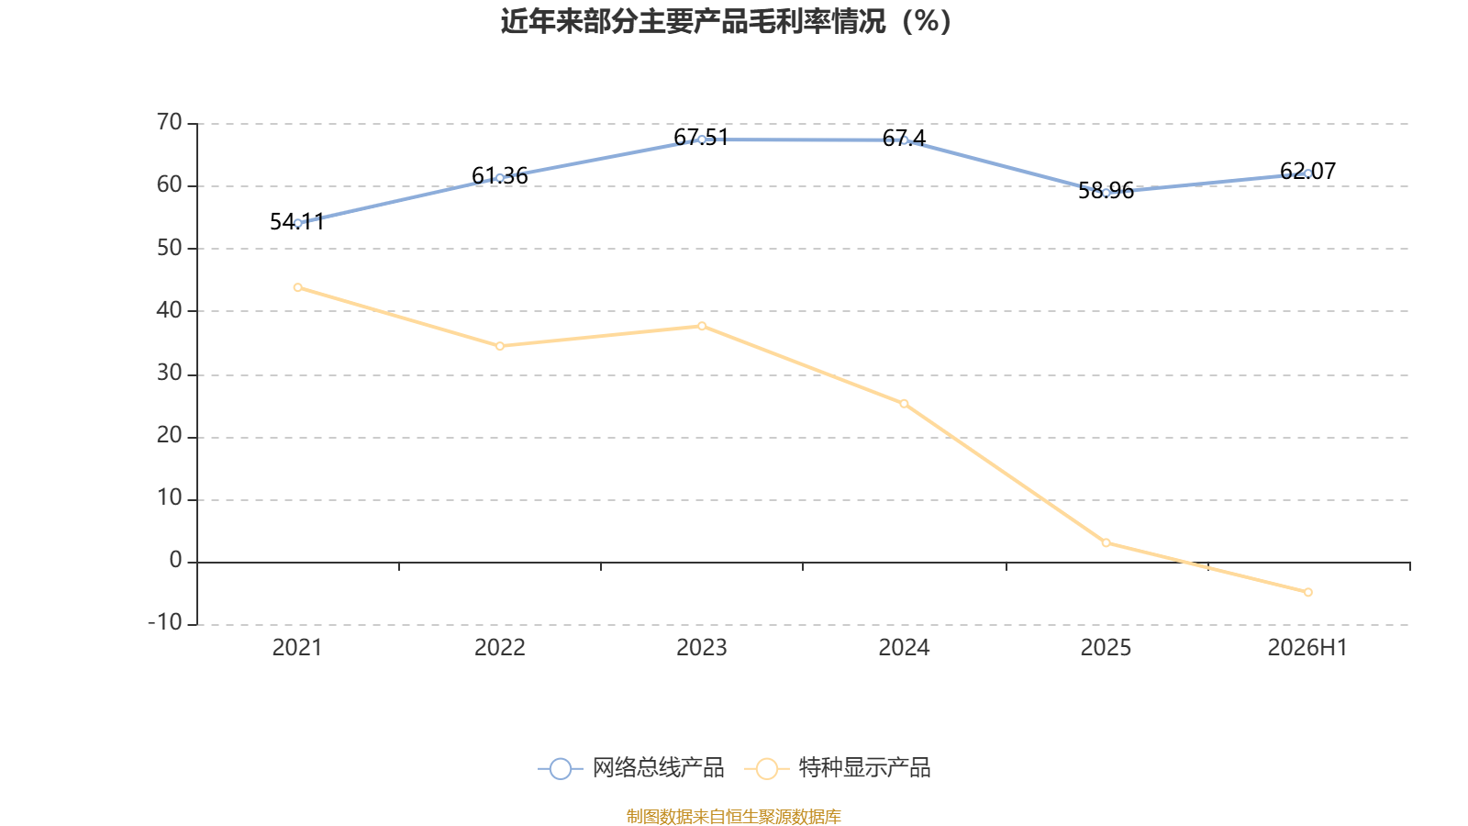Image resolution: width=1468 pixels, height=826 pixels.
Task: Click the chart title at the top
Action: (x=726, y=22)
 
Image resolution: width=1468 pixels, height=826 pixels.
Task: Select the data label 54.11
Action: (x=297, y=221)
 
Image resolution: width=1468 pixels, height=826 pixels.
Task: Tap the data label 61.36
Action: (x=499, y=175)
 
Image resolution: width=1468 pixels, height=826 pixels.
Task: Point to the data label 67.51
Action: (x=701, y=138)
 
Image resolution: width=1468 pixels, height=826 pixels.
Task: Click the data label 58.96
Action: (x=1106, y=191)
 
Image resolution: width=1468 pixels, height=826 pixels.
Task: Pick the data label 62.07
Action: (x=1307, y=171)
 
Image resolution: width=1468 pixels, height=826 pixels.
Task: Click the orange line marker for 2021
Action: (x=297, y=288)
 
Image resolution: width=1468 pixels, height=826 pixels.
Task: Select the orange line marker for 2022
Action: (x=500, y=346)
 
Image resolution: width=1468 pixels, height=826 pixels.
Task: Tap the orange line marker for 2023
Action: (x=702, y=326)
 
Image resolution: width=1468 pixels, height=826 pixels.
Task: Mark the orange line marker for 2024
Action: (x=904, y=404)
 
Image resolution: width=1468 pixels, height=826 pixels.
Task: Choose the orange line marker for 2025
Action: (x=1107, y=542)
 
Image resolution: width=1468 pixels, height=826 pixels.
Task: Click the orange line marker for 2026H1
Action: (x=1308, y=593)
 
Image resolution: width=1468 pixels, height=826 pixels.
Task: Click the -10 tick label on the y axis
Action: (x=165, y=622)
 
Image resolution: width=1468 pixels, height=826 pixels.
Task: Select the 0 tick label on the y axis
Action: (x=175, y=560)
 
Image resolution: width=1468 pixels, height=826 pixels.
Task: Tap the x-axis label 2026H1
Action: (x=1307, y=648)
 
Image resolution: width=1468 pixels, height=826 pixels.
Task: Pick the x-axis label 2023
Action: (x=701, y=648)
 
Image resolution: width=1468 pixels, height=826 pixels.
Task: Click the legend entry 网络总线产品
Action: (x=630, y=767)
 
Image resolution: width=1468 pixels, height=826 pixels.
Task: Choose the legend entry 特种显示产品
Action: (x=837, y=767)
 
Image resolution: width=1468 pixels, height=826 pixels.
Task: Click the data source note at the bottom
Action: (x=733, y=816)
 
